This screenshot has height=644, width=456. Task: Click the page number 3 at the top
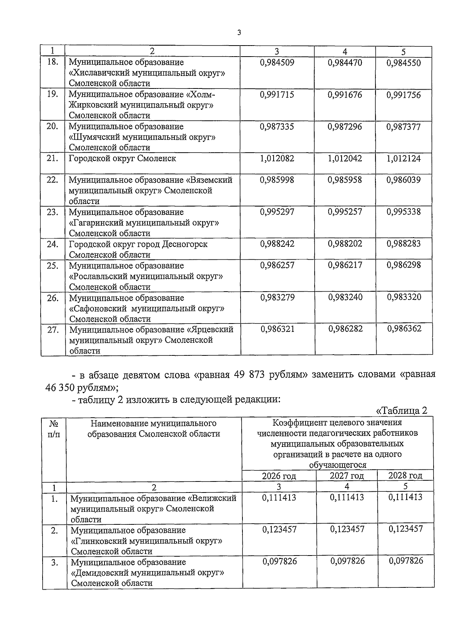coord(239,33)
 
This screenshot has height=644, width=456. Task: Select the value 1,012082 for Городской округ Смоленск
coord(277,159)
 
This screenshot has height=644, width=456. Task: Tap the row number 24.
coord(52,244)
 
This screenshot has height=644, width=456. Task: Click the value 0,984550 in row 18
coord(404,63)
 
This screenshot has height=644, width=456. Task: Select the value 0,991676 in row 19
coord(345,95)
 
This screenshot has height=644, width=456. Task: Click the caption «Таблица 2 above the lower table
coord(402,411)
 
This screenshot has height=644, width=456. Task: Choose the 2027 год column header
coord(347,476)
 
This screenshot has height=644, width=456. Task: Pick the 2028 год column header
coord(405,475)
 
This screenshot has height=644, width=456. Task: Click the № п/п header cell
coord(54,429)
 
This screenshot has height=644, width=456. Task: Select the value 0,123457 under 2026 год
coord(279,529)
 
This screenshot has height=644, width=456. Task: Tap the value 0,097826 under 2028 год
coord(405,561)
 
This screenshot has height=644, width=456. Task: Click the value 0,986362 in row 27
coord(404,329)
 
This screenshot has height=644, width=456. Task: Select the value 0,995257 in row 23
coord(345,212)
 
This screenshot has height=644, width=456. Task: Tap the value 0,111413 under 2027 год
coord(347,497)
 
